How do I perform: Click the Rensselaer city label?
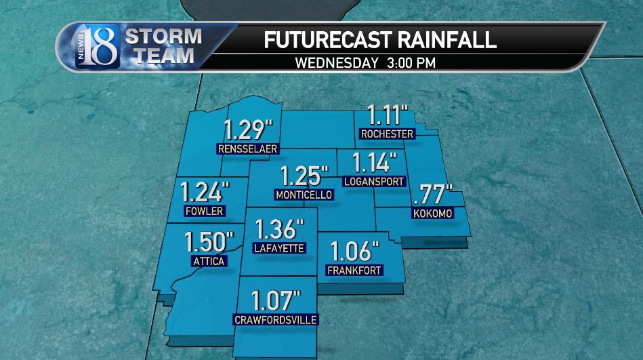(248, 149)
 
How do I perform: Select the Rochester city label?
(387, 134)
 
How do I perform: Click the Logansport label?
(374, 182)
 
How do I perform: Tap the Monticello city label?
(304, 195)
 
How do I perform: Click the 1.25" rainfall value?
(304, 176)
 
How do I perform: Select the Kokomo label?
(432, 214)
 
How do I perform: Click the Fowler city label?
(204, 211)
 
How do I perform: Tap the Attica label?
(209, 261)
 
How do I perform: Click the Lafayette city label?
(278, 248)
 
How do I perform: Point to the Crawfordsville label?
(276, 319)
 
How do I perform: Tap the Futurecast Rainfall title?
(379, 39)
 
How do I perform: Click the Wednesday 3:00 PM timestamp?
(366, 62)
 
